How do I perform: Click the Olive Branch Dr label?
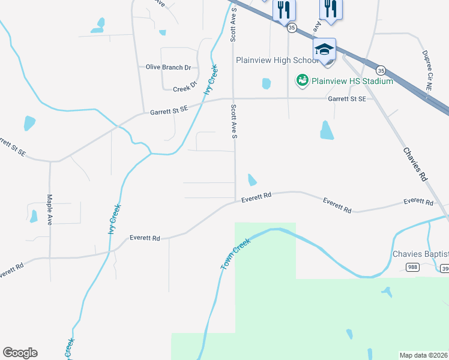point(168,67)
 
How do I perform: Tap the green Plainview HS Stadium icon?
point(302,79)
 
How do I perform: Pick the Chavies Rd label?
point(414,165)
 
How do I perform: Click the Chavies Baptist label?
point(420,254)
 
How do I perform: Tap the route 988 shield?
point(412,268)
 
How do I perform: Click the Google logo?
point(20,352)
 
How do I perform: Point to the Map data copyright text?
point(424,355)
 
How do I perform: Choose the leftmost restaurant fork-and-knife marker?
point(284,10)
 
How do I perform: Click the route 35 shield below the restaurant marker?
point(291,28)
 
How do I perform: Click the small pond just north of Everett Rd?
point(252,179)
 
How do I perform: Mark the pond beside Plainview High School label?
point(267,83)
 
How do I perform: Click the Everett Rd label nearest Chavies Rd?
point(418,202)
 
